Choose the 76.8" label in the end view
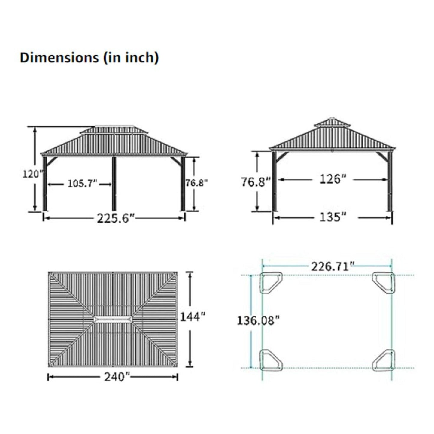pyautogui.click(x=256, y=182)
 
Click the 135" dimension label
pyautogui.click(x=331, y=217)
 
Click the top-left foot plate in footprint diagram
pyautogui.click(x=270, y=283)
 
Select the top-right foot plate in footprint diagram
pyautogui.click(x=384, y=282)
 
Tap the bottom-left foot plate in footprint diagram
pyautogui.click(x=270, y=360)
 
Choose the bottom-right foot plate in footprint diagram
pyautogui.click(x=384, y=360)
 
